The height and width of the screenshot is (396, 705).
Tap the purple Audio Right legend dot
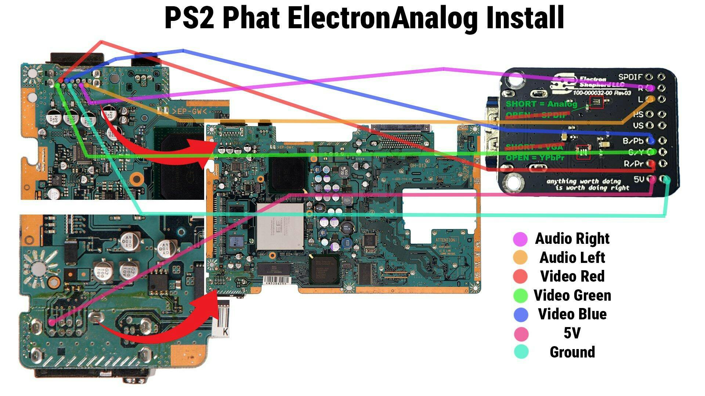click(x=520, y=239)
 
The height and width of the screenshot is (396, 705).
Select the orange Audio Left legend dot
click(x=520, y=257)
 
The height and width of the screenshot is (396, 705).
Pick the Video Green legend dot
click(x=520, y=295)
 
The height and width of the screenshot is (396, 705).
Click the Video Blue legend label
click(x=572, y=314)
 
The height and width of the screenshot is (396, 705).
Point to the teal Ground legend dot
click(x=520, y=352)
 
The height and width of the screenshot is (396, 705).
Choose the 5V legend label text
click(x=572, y=333)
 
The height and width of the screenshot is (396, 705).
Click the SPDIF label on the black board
click(x=630, y=77)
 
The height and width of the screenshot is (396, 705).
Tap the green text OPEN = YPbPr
click(x=535, y=158)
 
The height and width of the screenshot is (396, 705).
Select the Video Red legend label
click(x=572, y=276)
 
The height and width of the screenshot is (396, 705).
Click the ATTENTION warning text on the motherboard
click(x=445, y=240)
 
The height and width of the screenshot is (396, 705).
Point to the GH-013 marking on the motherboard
click(x=418, y=166)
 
